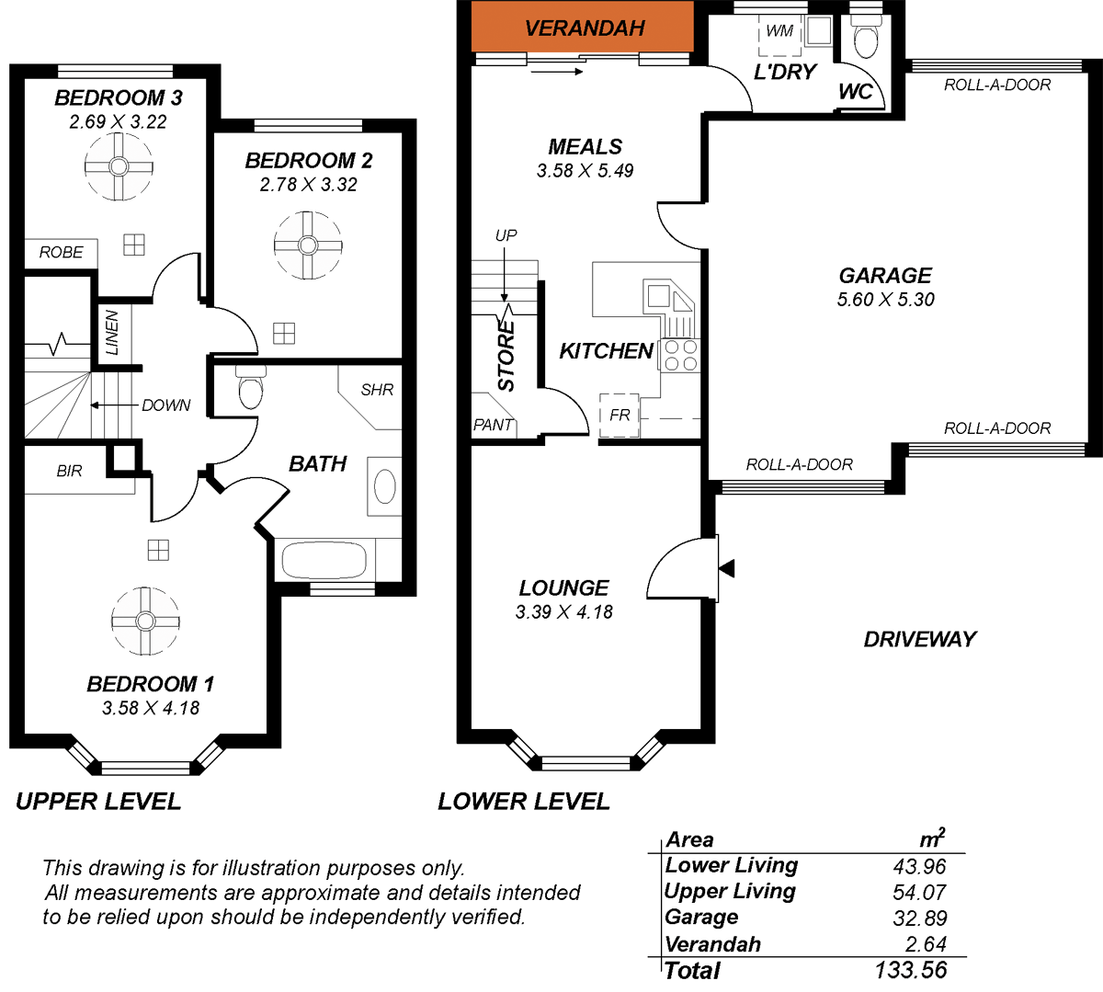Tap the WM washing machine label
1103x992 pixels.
tap(779, 31)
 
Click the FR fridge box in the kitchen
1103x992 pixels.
tap(620, 415)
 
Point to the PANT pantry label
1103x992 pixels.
tap(493, 425)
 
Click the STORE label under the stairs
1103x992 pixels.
tap(506, 359)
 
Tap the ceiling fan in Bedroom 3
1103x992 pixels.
tap(119, 166)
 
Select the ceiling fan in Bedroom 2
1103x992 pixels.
tap(308, 245)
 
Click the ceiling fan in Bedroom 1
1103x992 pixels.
tap(145, 621)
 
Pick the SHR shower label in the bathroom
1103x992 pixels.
tap(377, 390)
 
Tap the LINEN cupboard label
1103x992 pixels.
tap(112, 333)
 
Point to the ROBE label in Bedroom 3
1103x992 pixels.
tap(61, 252)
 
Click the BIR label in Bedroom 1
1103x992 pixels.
tap(69, 471)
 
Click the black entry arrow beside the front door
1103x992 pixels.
tap(727, 568)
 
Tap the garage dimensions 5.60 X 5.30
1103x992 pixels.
tap(885, 300)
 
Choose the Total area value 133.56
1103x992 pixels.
tap(910, 970)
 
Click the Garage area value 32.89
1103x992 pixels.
tap(919, 918)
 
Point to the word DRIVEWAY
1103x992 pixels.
tap(919, 639)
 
